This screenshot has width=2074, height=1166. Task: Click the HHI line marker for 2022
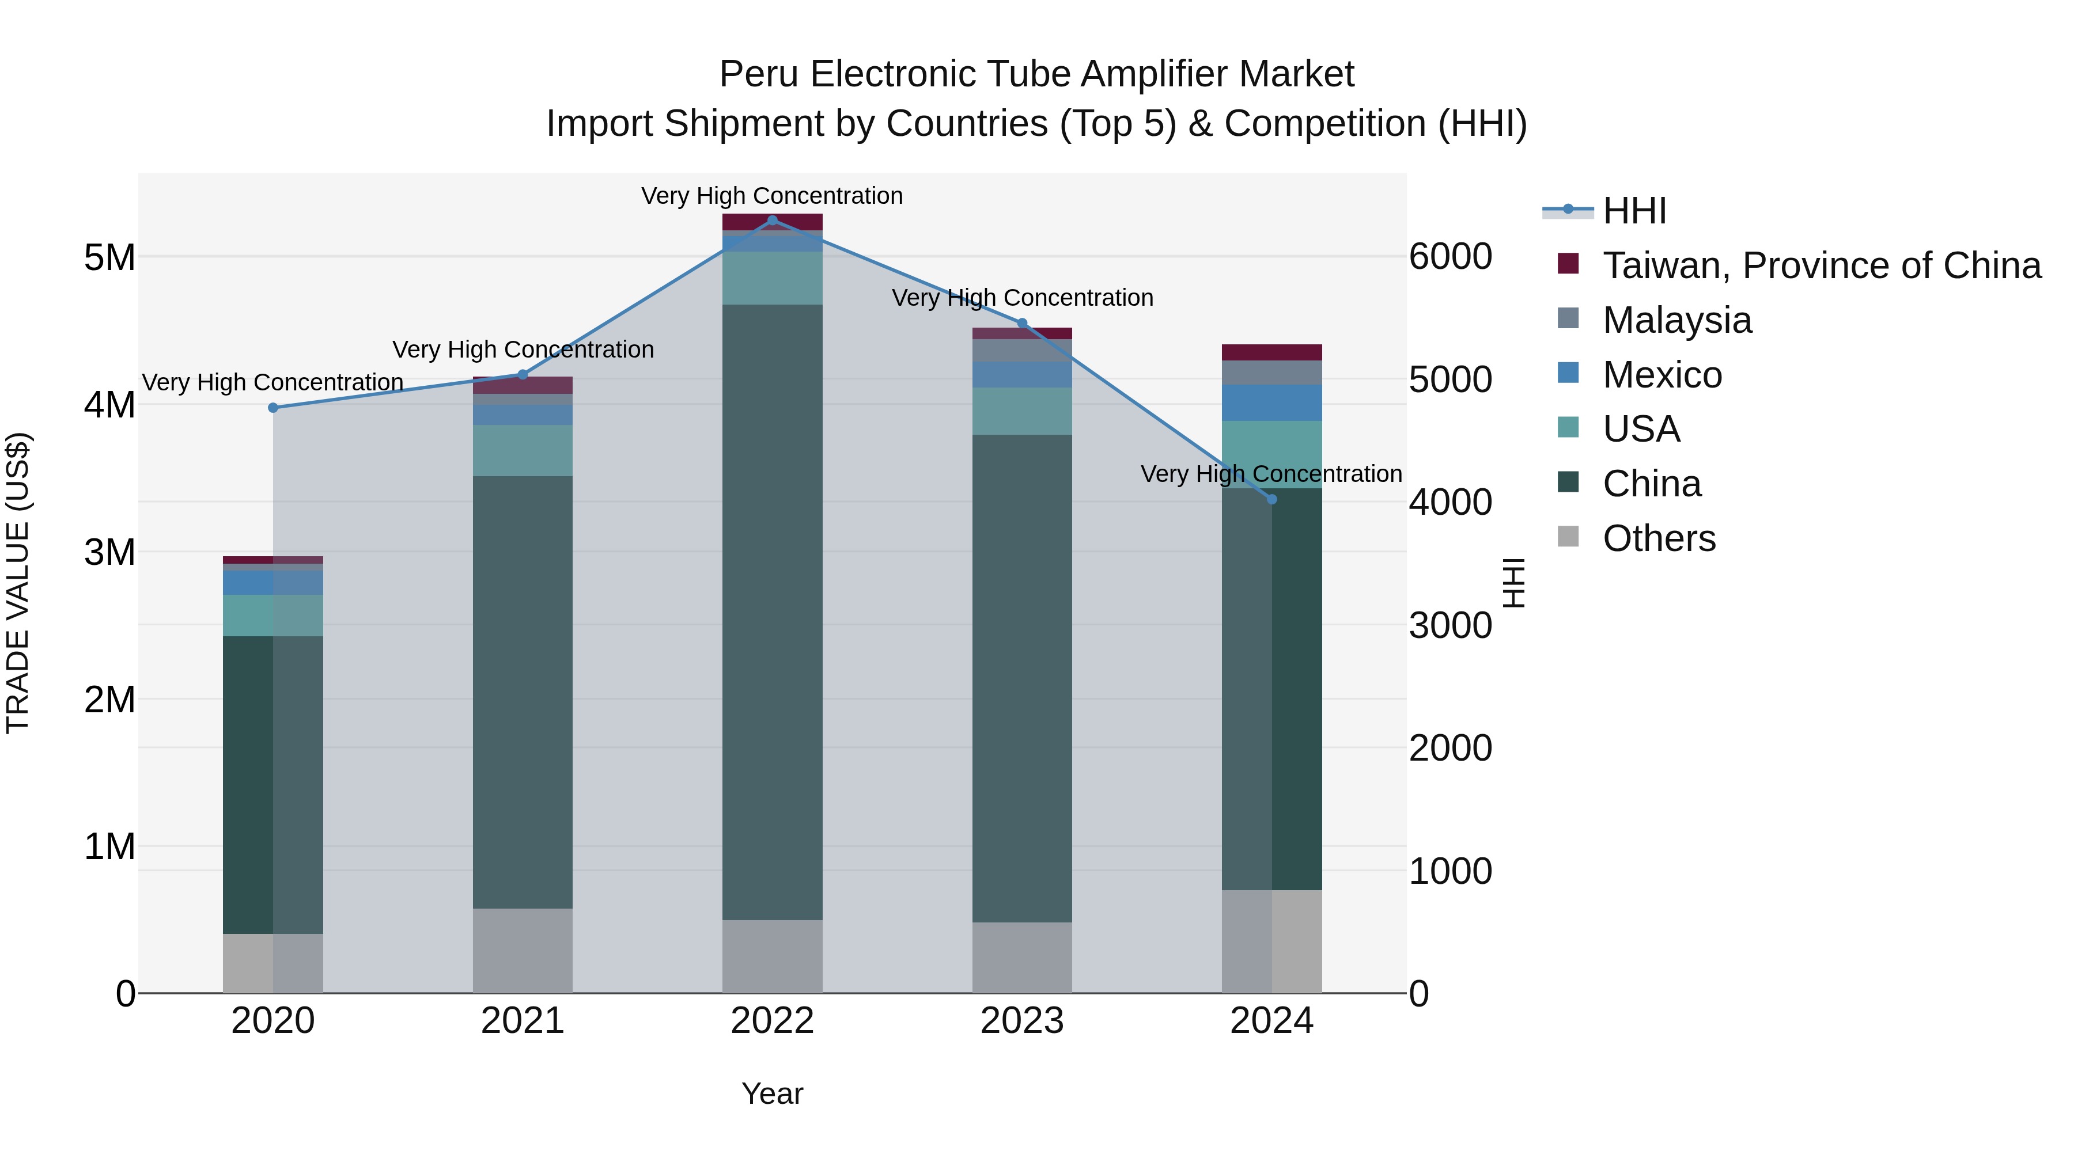click(x=772, y=221)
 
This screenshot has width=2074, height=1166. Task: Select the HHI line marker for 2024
click(x=1271, y=499)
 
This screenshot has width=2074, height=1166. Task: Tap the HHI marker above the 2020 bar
click(x=273, y=408)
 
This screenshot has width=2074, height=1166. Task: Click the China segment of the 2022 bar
click(x=772, y=612)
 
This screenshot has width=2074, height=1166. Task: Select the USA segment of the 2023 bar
click(x=1021, y=411)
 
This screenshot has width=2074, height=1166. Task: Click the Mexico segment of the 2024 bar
click(x=1271, y=402)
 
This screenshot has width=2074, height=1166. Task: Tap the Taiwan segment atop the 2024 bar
click(x=1271, y=352)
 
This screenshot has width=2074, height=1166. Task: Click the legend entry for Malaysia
click(x=1676, y=320)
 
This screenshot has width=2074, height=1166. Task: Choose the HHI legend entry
click(x=1634, y=211)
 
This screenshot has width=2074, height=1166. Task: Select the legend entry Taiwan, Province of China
click(x=1821, y=265)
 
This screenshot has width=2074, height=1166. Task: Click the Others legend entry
click(x=1659, y=538)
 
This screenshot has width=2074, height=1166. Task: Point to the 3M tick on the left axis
click(x=109, y=552)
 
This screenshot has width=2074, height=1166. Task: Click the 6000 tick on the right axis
click(x=1450, y=257)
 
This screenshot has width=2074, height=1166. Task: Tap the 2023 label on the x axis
click(x=1021, y=1021)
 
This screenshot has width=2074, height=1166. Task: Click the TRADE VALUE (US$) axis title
click(x=18, y=583)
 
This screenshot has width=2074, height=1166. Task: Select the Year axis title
click(x=772, y=1093)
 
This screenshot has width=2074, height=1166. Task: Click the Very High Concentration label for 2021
click(x=523, y=350)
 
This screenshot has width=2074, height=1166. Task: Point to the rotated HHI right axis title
click(x=1513, y=583)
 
